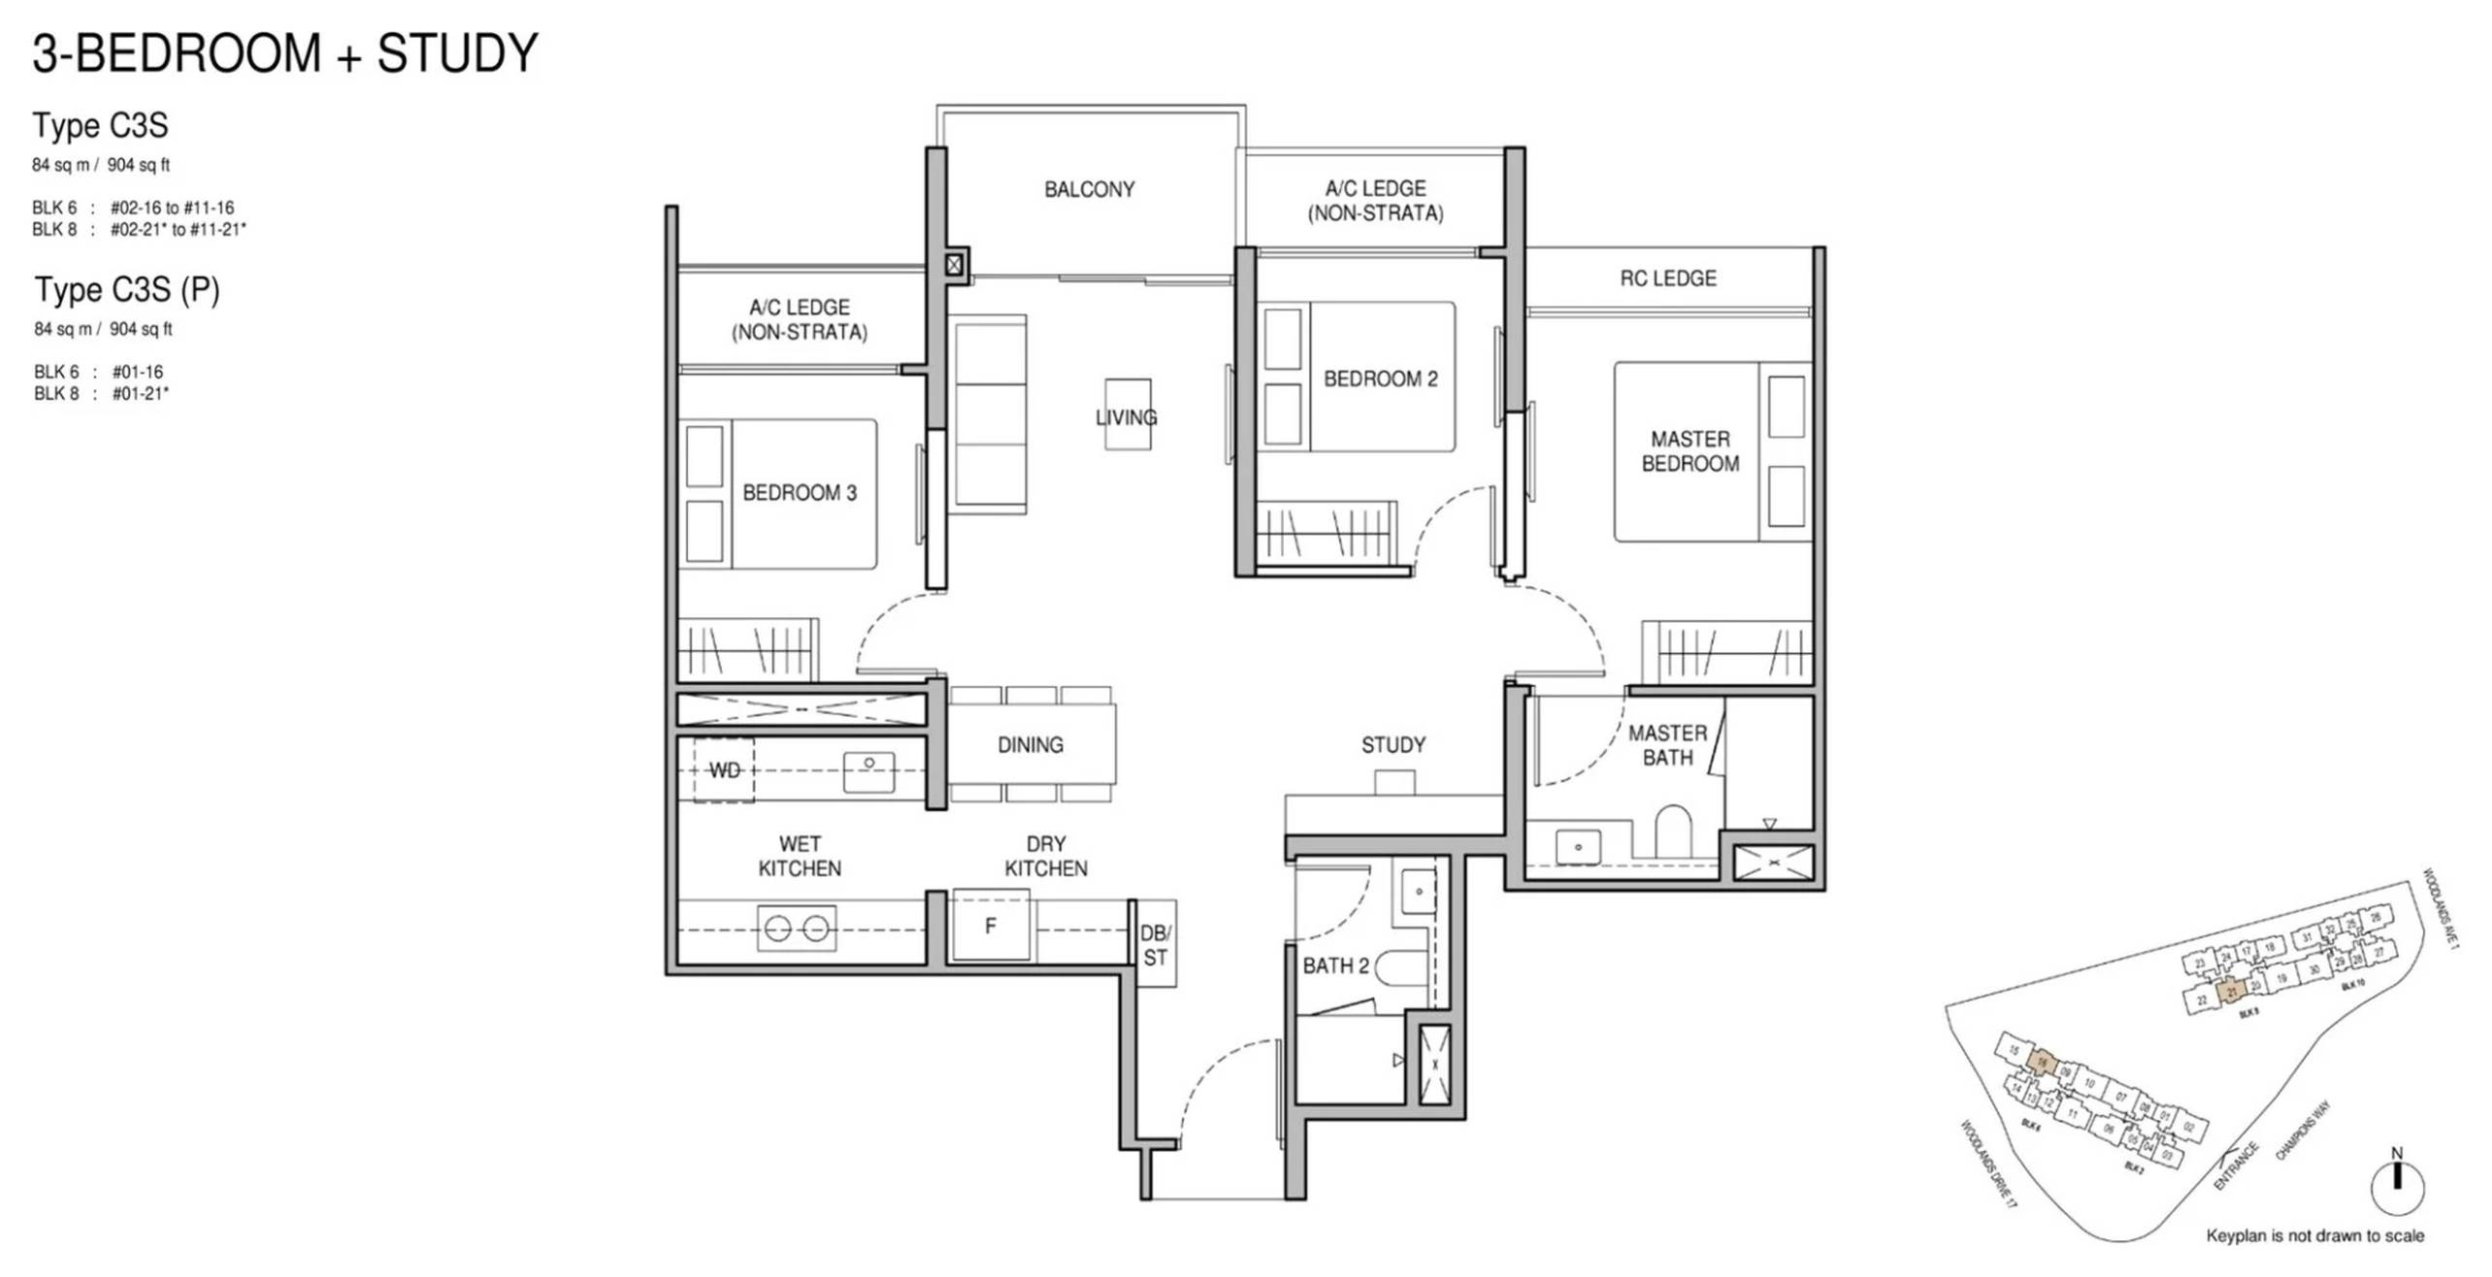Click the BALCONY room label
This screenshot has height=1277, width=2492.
[1089, 189]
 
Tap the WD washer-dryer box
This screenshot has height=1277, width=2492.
[724, 770]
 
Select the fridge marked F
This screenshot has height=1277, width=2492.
[990, 927]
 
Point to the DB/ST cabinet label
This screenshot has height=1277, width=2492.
[1155, 945]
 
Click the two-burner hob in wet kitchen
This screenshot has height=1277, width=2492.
[796, 929]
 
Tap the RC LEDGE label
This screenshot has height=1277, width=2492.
[1667, 278]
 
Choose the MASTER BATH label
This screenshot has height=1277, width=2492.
[1667, 745]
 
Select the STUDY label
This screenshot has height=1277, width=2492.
[1393, 745]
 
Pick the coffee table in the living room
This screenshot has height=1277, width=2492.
[1128, 414]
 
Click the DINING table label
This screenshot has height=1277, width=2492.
[1030, 745]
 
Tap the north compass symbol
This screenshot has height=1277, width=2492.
[2397, 1184]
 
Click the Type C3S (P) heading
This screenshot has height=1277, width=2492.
[127, 289]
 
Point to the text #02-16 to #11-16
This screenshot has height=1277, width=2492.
[172, 208]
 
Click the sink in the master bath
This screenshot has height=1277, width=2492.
[1578, 846]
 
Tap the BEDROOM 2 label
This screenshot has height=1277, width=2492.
[1380, 378]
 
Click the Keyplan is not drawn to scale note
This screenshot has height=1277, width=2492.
[2314, 1236]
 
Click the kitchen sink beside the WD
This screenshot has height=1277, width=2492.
[869, 771]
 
